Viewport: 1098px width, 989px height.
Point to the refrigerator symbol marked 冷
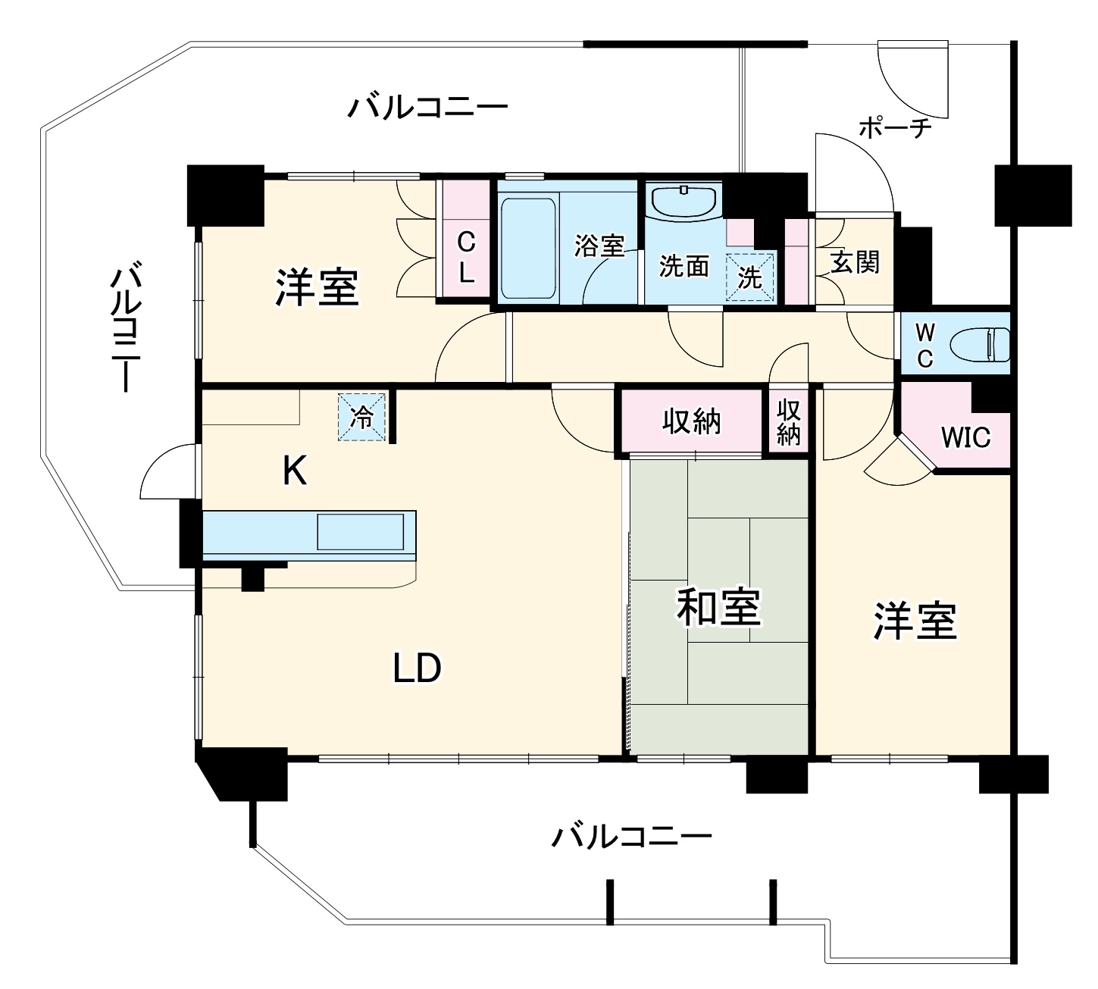(x=362, y=416)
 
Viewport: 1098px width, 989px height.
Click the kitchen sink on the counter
(x=360, y=531)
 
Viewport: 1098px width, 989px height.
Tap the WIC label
(x=965, y=437)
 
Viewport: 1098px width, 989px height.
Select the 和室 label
(x=718, y=607)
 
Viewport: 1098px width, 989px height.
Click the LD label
(x=417, y=668)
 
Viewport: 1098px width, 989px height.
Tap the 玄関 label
(x=856, y=262)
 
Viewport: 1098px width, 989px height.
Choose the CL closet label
(x=467, y=258)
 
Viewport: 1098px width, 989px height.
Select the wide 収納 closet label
(x=691, y=421)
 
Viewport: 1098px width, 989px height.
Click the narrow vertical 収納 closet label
(x=789, y=422)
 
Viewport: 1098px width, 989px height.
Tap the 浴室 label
(x=599, y=246)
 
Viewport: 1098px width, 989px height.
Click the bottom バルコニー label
(x=631, y=837)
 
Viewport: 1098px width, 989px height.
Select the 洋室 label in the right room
(x=915, y=621)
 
